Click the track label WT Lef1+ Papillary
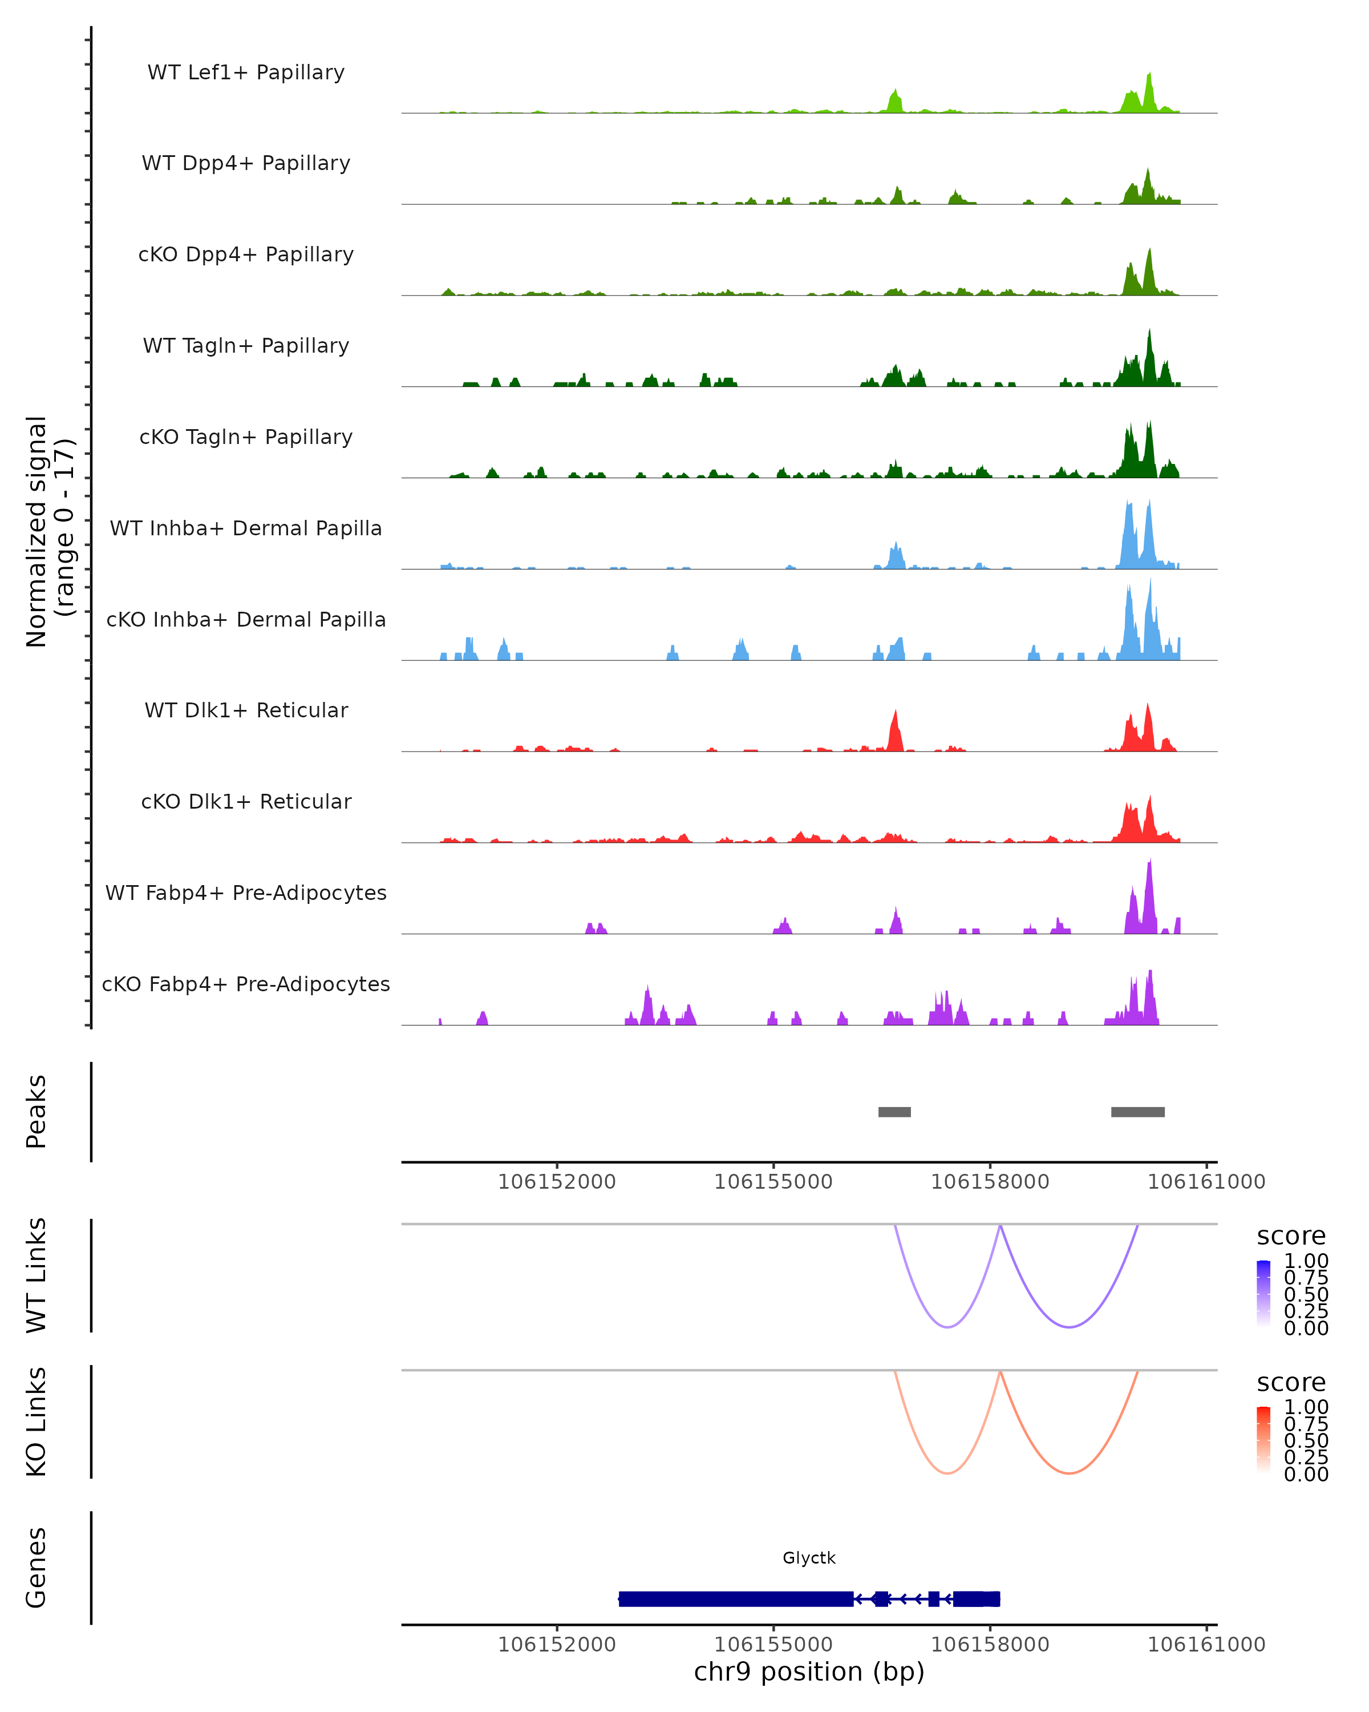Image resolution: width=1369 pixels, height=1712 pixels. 246,72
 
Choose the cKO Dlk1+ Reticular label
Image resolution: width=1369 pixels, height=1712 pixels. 246,801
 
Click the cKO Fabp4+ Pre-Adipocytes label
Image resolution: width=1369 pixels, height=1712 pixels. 246,984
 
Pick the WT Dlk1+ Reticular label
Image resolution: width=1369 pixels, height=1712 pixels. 246,710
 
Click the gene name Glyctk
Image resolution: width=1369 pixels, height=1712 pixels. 809,1558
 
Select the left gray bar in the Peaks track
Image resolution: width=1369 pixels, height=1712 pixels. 894,1112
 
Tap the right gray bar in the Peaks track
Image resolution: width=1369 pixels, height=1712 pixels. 1137,1112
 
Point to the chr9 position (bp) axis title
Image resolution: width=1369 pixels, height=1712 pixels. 809,1671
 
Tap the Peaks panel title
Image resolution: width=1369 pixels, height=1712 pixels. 37,1112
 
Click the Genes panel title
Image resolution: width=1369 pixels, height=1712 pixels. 37,1568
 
